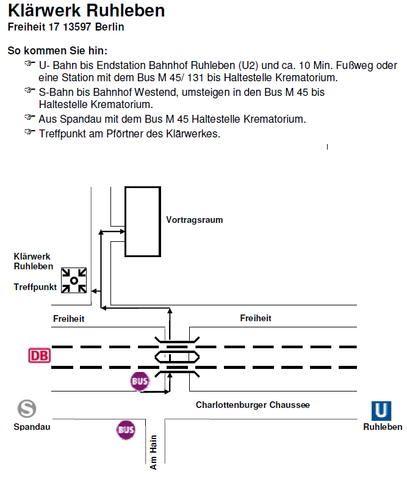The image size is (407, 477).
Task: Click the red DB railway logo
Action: (x=40, y=355)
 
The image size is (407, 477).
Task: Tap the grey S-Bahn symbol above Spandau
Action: (x=27, y=409)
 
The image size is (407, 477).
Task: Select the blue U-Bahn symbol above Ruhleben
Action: (x=381, y=410)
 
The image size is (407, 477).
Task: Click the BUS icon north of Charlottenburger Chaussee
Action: (x=140, y=381)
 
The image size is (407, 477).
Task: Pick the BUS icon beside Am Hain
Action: (x=126, y=429)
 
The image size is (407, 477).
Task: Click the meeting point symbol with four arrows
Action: (x=74, y=280)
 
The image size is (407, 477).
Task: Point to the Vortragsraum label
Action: (x=195, y=220)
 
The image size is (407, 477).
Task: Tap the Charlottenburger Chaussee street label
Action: (x=253, y=405)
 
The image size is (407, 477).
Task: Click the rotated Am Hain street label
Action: (x=154, y=453)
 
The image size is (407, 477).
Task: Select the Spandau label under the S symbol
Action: (x=32, y=427)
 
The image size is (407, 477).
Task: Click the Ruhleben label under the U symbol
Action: (x=383, y=427)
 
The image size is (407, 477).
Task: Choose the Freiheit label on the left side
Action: (x=69, y=319)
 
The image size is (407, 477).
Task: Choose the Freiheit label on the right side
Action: (x=256, y=318)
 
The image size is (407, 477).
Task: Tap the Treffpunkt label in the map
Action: (x=35, y=287)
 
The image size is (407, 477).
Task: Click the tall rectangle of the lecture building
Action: (x=125, y=222)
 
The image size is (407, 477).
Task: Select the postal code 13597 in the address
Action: (x=77, y=27)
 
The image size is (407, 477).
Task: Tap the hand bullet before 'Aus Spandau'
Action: (x=30, y=117)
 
